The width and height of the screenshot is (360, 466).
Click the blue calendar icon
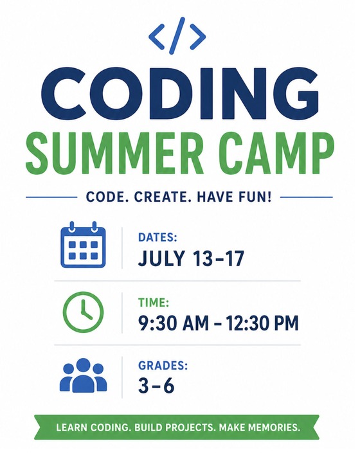[x=82, y=246]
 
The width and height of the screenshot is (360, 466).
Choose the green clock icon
[x=82, y=312]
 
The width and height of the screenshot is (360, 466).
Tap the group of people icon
[x=82, y=375]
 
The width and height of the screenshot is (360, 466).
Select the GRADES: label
[x=163, y=366]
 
